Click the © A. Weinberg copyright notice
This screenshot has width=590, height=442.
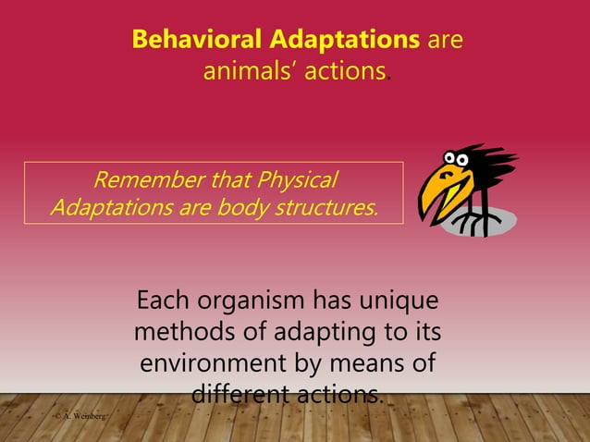[80, 419]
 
